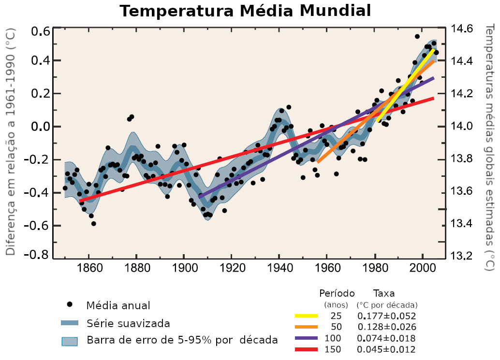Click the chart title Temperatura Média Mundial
click(246, 11)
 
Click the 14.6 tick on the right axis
click(462, 29)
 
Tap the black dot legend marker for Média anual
click(70, 304)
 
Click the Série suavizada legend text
click(128, 323)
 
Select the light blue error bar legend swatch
click(70, 341)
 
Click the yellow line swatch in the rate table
click(306, 316)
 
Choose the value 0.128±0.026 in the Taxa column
click(386, 327)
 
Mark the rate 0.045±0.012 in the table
click(386, 349)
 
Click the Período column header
click(337, 293)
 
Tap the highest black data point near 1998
click(417, 37)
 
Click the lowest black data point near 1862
click(93, 223)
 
